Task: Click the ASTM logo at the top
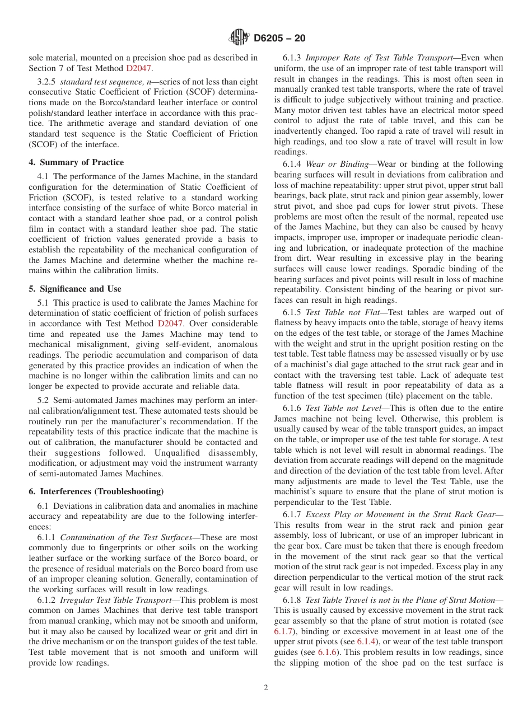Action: [x=239, y=38]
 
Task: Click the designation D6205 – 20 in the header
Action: [x=279, y=39]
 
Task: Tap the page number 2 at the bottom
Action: [x=266, y=688]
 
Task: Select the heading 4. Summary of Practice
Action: [x=76, y=162]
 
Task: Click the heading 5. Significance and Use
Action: [x=74, y=289]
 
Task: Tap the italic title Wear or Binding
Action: [x=338, y=164]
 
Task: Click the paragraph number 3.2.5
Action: [x=47, y=81]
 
